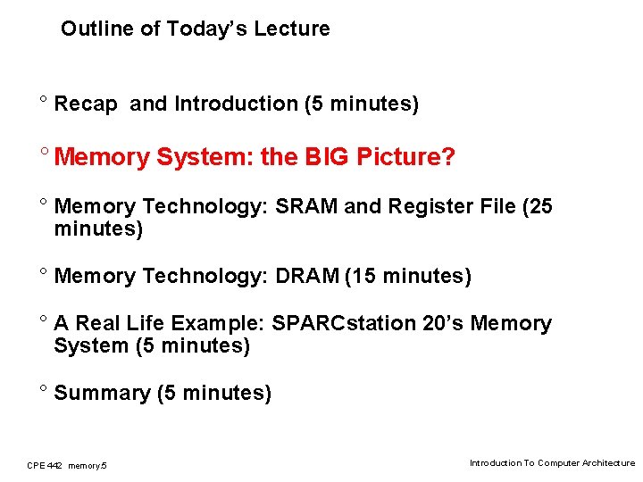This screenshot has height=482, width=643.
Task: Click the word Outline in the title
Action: tap(91, 29)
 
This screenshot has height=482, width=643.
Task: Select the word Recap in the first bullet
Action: tap(86, 104)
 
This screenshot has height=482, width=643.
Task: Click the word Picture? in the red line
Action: tap(405, 158)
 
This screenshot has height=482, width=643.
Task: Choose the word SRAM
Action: tap(306, 207)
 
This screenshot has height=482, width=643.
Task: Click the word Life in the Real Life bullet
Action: tap(145, 323)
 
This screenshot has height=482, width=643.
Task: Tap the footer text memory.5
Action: tap(88, 465)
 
